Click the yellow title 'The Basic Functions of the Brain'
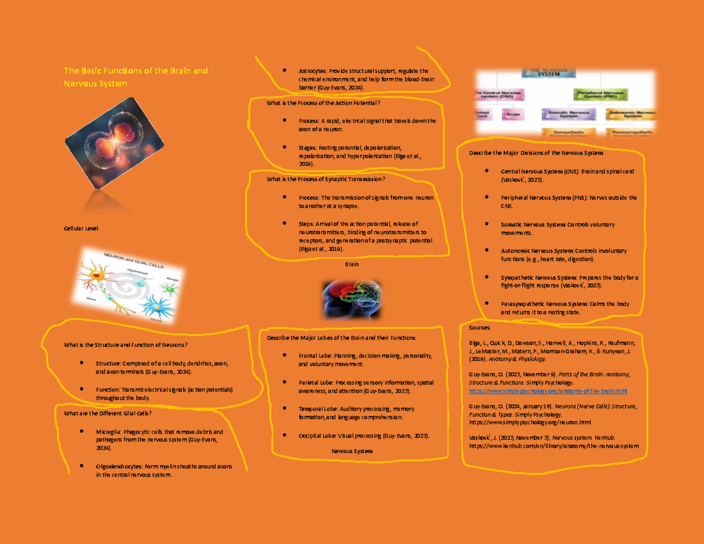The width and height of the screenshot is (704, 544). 136,71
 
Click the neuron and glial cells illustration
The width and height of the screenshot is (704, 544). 124,286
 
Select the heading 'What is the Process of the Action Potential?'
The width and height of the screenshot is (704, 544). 323,103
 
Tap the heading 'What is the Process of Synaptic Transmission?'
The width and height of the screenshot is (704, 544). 326,180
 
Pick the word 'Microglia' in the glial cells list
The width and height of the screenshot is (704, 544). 109,432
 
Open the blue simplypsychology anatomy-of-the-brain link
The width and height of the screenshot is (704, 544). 548,391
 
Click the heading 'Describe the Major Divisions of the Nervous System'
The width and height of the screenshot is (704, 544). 536,153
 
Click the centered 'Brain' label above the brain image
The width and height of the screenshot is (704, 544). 351,265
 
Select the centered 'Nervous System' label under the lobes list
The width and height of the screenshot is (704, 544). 352,451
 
